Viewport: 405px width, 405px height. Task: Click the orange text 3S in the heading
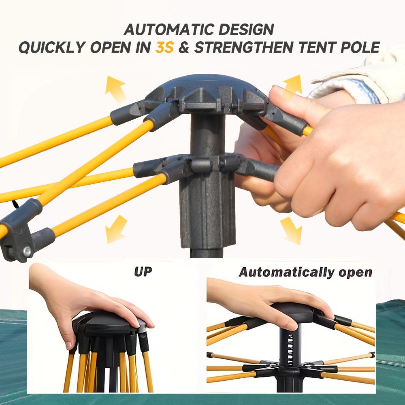pos(164,47)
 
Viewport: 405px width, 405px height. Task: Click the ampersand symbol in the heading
pos(184,47)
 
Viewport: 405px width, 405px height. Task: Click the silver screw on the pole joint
pos(27,252)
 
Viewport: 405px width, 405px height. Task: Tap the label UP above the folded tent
pos(143,271)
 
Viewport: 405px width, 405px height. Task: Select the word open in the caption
pos(356,272)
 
